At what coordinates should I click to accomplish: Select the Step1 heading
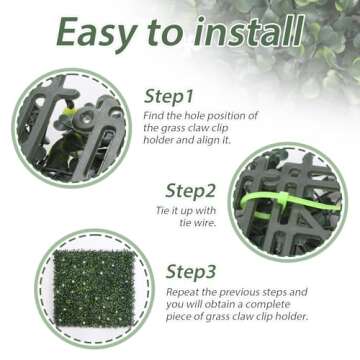pyautogui.click(x=169, y=97)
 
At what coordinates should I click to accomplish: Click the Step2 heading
pyautogui.click(x=191, y=191)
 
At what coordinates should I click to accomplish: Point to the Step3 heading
pyautogui.click(x=191, y=272)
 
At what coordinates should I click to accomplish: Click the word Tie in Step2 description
pyautogui.click(x=162, y=211)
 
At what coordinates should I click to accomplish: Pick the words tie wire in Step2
pyautogui.click(x=198, y=223)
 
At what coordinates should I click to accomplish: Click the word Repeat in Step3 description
pyautogui.click(x=183, y=292)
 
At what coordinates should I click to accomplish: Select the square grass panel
pyautogui.click(x=94, y=289)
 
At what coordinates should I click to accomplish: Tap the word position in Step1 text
pyautogui.click(x=228, y=116)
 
